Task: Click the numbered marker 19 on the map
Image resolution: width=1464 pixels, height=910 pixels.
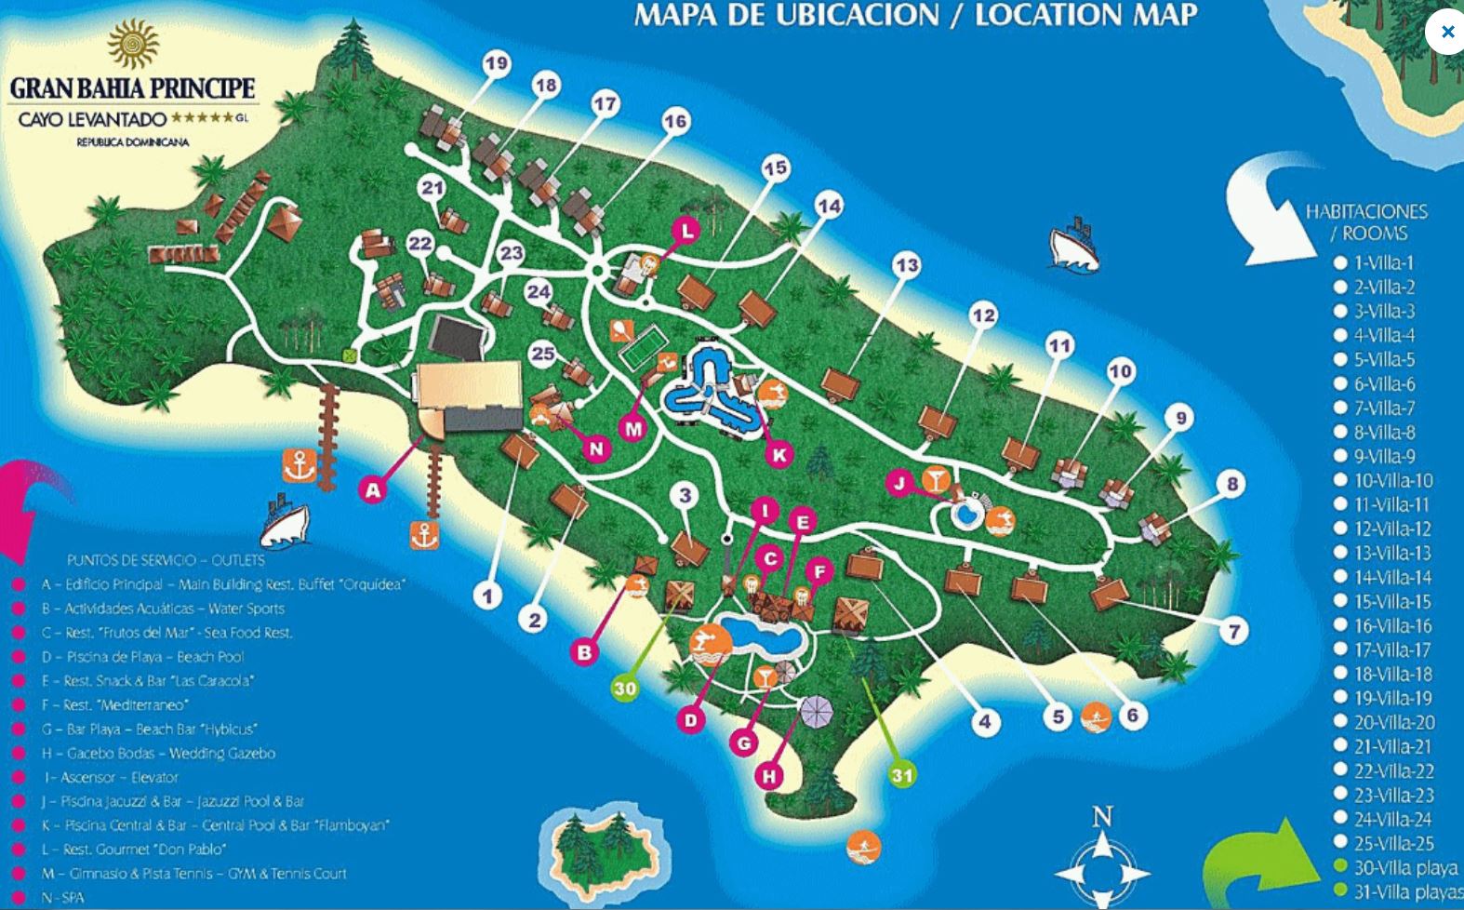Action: click(497, 63)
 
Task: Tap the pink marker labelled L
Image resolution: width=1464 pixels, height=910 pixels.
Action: click(687, 231)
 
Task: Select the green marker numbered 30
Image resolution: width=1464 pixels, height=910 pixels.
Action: click(625, 688)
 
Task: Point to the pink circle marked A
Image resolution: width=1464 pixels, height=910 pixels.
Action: click(373, 489)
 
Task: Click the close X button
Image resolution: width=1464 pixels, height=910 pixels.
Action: click(1446, 32)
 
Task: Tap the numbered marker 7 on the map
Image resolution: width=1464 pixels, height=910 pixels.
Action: click(1233, 632)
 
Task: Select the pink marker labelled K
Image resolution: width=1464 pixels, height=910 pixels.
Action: click(779, 454)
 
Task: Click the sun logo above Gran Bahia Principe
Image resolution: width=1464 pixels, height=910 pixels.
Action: click(133, 44)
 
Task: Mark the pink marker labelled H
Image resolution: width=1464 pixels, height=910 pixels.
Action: click(768, 775)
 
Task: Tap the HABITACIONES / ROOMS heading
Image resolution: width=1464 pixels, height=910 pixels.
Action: click(1366, 221)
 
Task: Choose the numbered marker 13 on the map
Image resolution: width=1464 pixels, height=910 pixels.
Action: click(906, 266)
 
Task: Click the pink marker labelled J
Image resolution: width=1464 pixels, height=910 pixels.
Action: click(899, 482)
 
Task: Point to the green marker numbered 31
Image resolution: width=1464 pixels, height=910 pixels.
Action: click(902, 774)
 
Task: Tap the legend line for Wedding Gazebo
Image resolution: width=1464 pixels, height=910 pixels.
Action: click(159, 753)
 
